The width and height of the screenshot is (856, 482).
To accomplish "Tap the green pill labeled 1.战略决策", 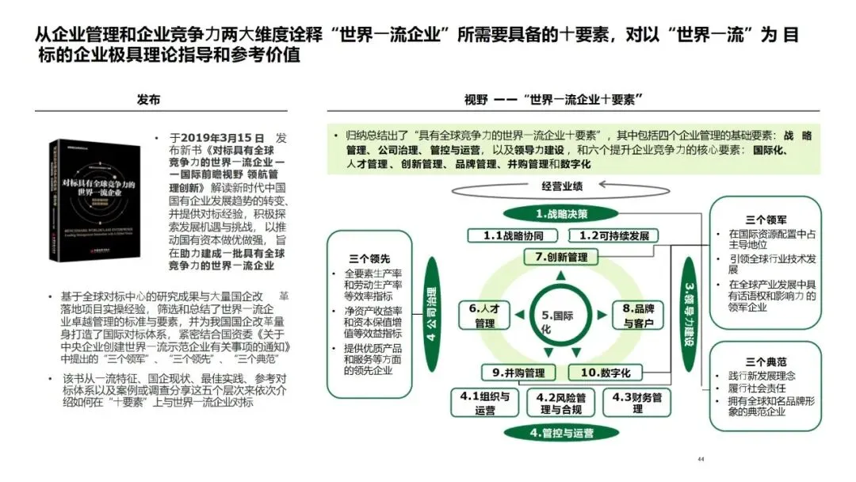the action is pyautogui.click(x=561, y=213).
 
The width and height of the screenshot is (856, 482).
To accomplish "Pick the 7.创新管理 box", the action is pyautogui.click(x=561, y=257).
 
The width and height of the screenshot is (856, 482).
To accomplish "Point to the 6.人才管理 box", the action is pyautogui.click(x=484, y=316).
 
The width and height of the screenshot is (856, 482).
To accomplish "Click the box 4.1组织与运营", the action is pyautogui.click(x=484, y=403).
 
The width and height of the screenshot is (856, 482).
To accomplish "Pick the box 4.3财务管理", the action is pyautogui.click(x=637, y=403).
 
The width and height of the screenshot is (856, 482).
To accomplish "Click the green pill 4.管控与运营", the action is pyautogui.click(x=561, y=433).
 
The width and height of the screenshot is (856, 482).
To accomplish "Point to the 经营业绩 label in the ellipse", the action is pyautogui.click(x=561, y=187).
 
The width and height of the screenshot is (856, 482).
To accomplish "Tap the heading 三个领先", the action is pyautogui.click(x=369, y=258).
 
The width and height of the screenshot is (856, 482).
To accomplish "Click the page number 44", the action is pyautogui.click(x=700, y=459).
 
